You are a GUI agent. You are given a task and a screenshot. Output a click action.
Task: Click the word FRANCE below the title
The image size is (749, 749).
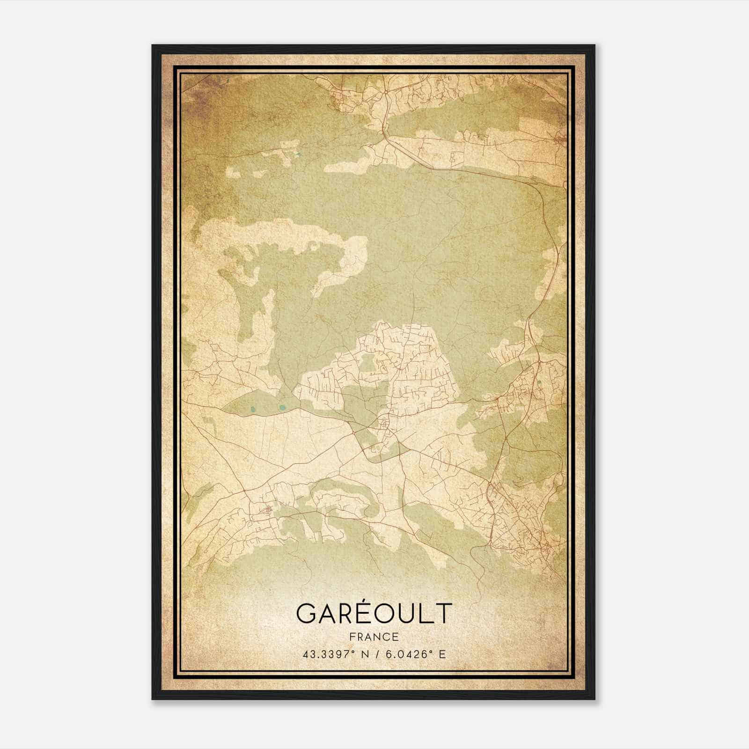pos(374,637)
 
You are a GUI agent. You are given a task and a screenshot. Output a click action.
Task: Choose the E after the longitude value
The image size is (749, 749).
pos(442,654)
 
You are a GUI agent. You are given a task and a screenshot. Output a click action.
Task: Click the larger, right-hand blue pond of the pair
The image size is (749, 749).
pos(282,407)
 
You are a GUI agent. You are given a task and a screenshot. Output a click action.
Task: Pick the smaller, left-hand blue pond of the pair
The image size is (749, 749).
pos(253,410)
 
